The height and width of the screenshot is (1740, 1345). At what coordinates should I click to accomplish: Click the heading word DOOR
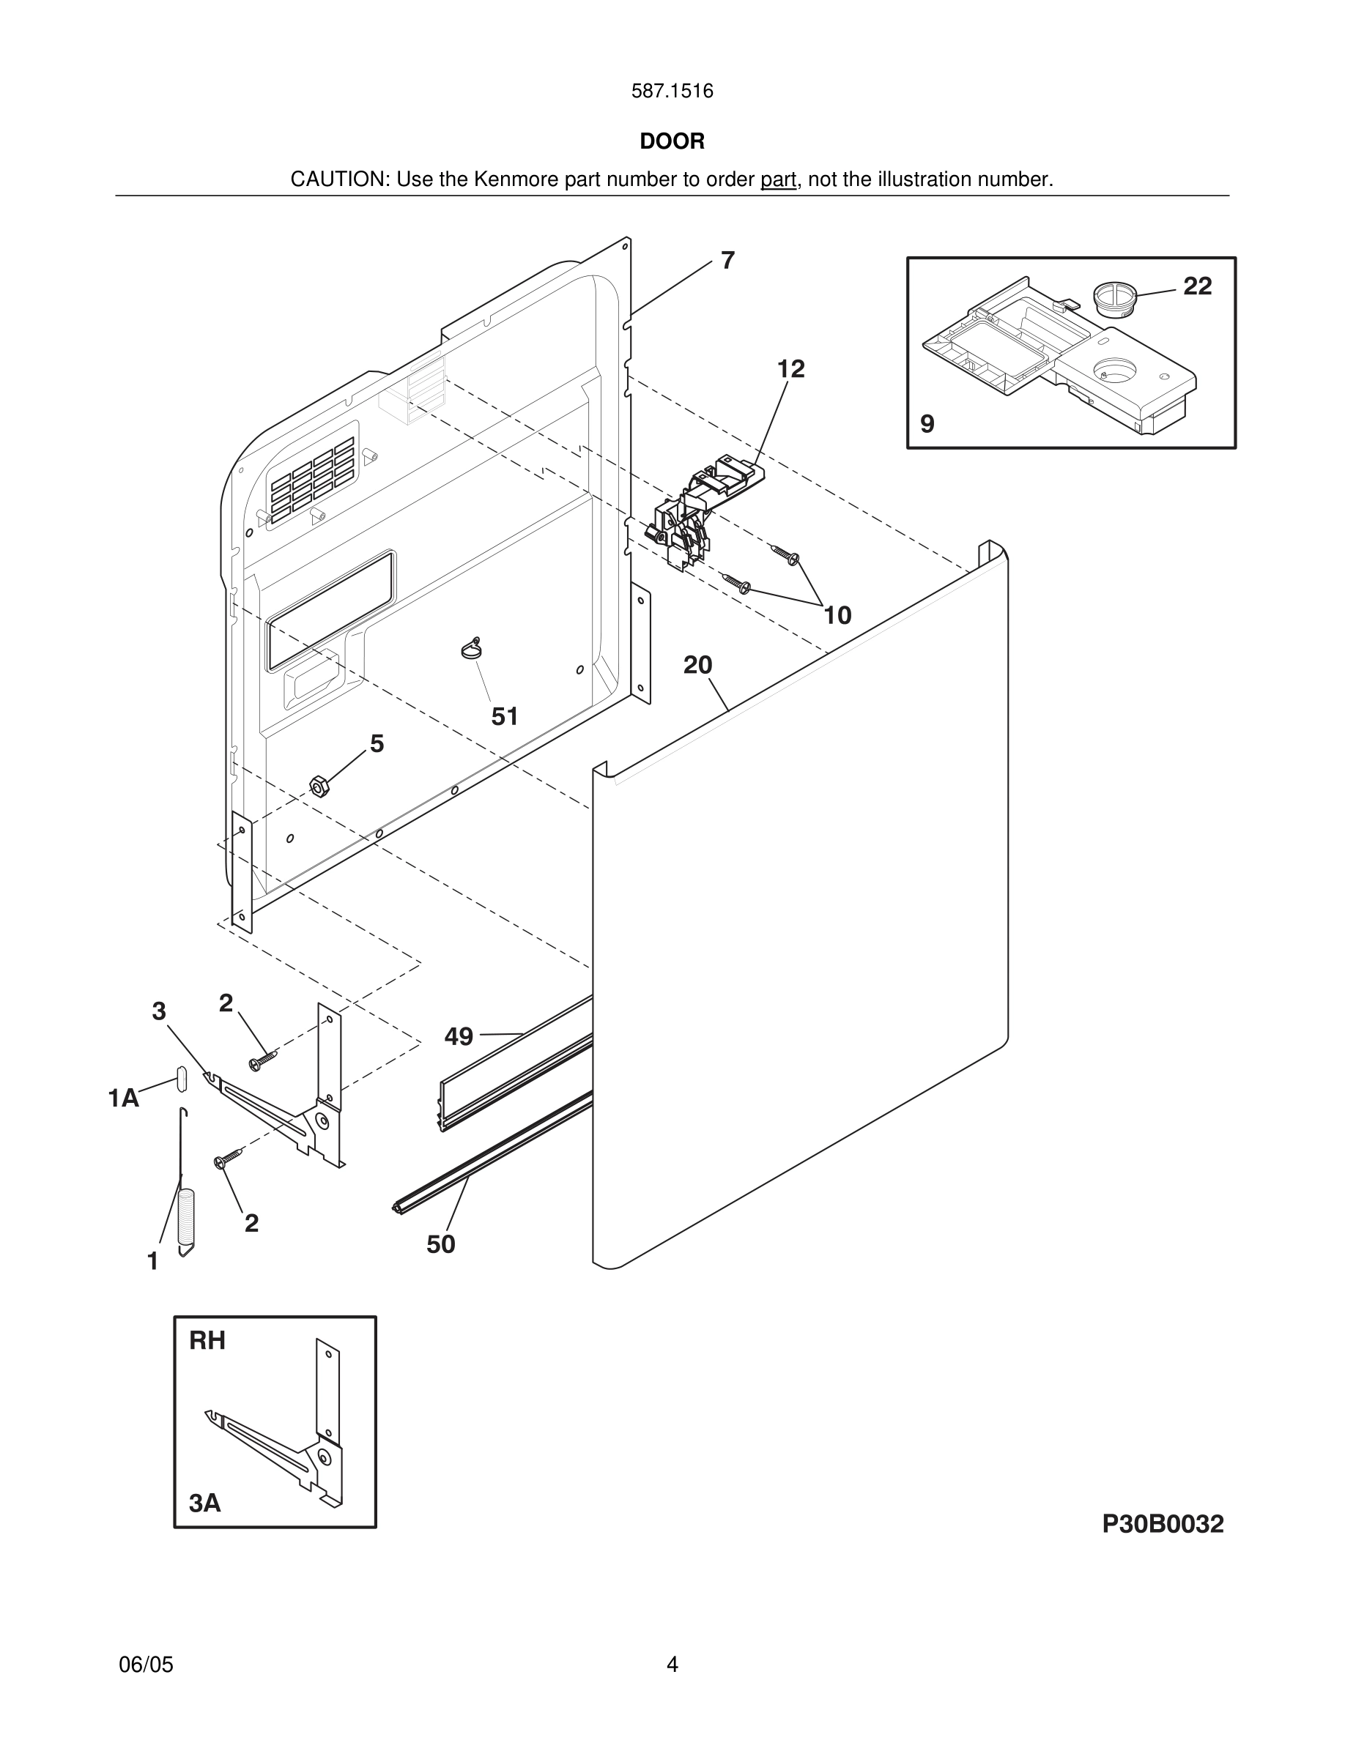(x=672, y=142)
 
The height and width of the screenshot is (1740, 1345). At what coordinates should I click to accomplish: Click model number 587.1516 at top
(x=672, y=92)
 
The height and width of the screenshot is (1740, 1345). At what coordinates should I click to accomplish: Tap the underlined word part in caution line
(x=778, y=180)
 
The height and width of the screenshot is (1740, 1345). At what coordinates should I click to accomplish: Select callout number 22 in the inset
(x=1197, y=286)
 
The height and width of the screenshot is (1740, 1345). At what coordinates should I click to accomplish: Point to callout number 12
(x=790, y=369)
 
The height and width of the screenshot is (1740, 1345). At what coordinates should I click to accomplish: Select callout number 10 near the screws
(x=837, y=615)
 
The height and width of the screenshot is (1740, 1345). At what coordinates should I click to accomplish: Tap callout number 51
(x=504, y=717)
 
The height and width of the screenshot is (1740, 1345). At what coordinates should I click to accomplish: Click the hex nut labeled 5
(x=319, y=787)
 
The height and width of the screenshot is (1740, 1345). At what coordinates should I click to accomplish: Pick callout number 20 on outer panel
(x=697, y=665)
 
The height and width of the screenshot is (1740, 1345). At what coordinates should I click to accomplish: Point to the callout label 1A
(x=124, y=1098)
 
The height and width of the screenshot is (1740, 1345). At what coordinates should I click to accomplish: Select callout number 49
(x=459, y=1036)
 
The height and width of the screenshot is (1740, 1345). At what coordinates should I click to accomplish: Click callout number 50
(x=440, y=1244)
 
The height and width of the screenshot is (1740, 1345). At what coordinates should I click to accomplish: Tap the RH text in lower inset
(x=207, y=1341)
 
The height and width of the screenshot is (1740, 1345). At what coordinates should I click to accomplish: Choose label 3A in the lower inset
(x=205, y=1503)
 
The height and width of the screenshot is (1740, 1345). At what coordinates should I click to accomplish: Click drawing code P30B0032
(x=1163, y=1524)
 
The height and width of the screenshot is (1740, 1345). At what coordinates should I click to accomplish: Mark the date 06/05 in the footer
(x=146, y=1665)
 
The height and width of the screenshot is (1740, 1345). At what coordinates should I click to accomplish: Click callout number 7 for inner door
(x=727, y=261)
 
